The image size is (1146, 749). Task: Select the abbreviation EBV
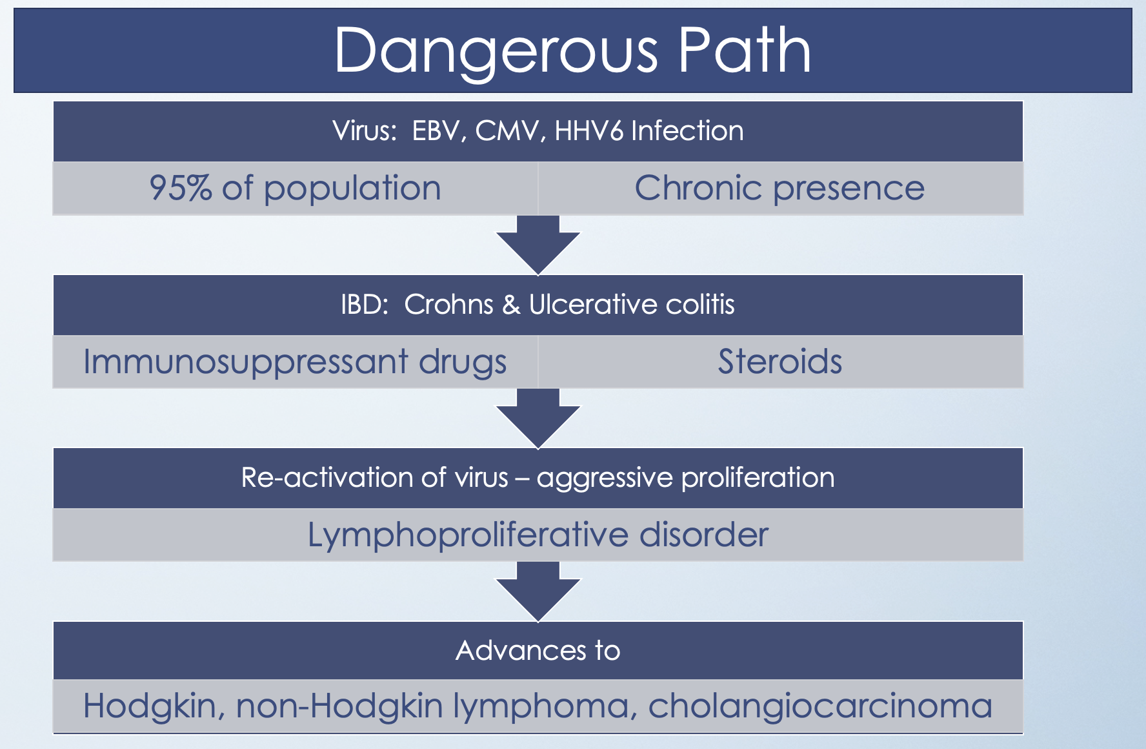[437, 131]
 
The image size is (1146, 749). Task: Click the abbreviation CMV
[507, 131]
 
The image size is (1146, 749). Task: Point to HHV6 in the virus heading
[588, 131]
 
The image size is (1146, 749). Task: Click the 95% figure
[180, 189]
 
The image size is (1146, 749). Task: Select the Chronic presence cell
[779, 189]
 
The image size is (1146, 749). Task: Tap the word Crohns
[448, 304]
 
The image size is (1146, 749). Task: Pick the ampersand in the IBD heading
[511, 304]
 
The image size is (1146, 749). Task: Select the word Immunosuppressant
[245, 362]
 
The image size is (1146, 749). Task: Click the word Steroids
[779, 362]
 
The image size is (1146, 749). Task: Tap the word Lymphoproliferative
[467, 535]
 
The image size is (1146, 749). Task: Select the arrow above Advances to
[538, 590]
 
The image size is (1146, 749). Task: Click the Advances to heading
[538, 650]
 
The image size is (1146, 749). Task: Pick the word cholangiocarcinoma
[819, 706]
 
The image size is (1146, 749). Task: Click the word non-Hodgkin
[339, 706]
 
